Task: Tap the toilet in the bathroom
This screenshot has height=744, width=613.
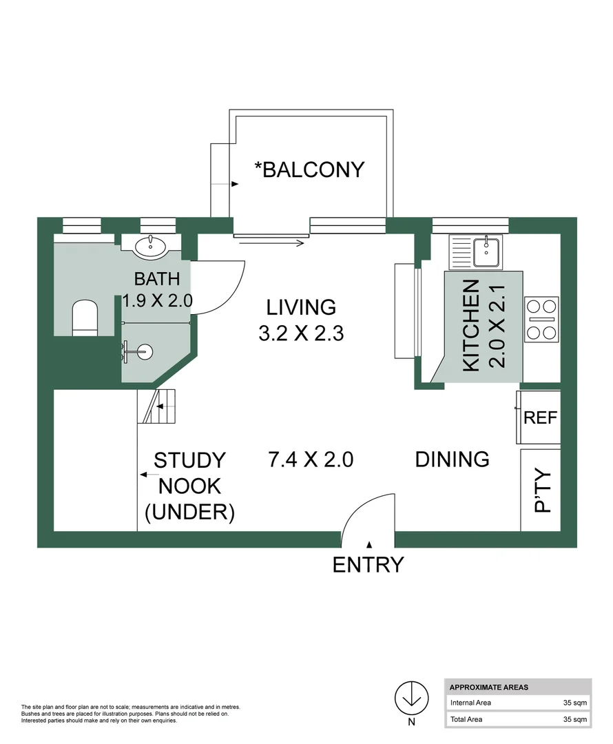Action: pos(86,318)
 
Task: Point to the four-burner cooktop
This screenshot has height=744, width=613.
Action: pos(541,319)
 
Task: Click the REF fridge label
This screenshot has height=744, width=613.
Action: pos(541,417)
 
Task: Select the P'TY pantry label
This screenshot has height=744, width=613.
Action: pos(543,490)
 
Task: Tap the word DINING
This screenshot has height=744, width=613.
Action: pos(452,459)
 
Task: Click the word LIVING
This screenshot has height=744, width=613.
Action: pos(301,307)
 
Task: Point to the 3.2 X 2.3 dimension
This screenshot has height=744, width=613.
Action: pos(301,334)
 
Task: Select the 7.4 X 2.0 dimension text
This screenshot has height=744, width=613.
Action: pos(311,459)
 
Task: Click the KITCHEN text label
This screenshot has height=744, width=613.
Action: pos(471,326)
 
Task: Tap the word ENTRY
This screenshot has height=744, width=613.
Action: pos(368,565)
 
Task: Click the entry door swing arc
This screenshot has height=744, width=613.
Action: pos(365,510)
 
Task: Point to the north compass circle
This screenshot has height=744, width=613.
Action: pos(411,697)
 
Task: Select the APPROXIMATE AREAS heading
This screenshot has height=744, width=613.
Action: pos(488,687)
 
